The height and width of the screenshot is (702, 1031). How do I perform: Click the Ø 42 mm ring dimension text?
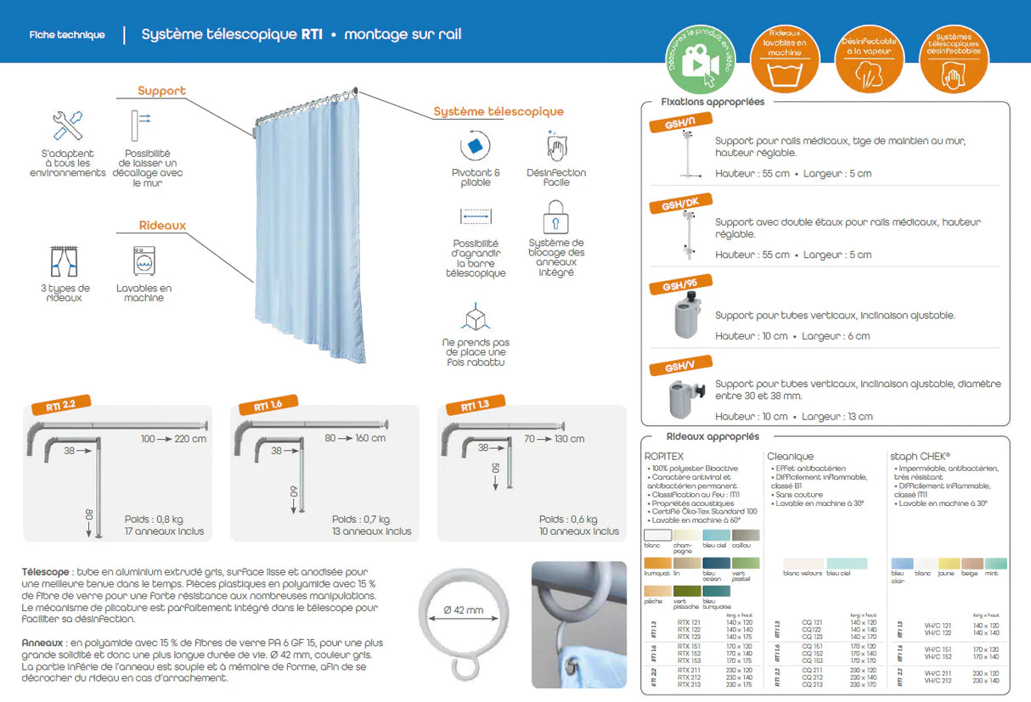(x=463, y=609)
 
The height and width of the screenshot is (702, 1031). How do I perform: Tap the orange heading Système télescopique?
(x=498, y=111)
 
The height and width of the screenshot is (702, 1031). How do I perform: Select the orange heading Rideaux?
(x=162, y=226)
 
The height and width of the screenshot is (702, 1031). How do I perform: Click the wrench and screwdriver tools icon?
(x=67, y=126)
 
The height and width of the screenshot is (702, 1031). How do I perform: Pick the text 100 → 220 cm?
(x=174, y=439)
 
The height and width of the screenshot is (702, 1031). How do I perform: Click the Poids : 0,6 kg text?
(x=567, y=519)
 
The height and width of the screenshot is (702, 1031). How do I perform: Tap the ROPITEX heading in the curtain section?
(x=664, y=456)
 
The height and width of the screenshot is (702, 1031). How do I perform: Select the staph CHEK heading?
(x=920, y=456)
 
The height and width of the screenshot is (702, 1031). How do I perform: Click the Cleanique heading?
(x=790, y=456)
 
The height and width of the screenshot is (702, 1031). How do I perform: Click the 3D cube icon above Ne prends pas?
(x=475, y=318)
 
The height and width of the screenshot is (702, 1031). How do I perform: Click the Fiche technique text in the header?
(x=67, y=35)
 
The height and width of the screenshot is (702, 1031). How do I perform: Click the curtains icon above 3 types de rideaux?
(x=65, y=261)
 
